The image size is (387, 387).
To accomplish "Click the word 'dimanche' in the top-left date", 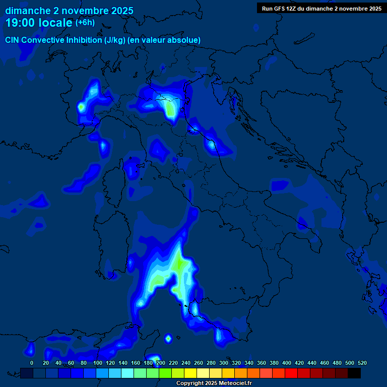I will [x=27, y=11].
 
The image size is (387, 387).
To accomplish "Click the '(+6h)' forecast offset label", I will [x=85, y=23].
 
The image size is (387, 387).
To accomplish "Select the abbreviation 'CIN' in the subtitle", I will [x=13, y=40].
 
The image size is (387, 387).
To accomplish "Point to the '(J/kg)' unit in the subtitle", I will [x=116, y=40].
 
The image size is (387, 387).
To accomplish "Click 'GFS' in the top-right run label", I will [x=278, y=9].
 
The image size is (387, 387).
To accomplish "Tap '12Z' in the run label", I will [x=291, y=9].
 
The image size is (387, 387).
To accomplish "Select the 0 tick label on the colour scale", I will [x=32, y=363].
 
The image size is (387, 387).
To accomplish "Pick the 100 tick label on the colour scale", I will [x=97, y=363].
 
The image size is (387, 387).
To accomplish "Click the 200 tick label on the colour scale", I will [x=161, y=363].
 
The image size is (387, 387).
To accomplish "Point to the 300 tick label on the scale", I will [x=224, y=363].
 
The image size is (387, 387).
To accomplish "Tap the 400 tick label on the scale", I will [x=287, y=363].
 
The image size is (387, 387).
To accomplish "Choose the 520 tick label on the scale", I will [x=362, y=363].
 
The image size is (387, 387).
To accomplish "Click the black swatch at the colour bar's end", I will [x=354, y=373].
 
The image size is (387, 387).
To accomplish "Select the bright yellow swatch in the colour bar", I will [x=190, y=373].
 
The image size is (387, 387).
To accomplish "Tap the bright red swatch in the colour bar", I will [x=291, y=373].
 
